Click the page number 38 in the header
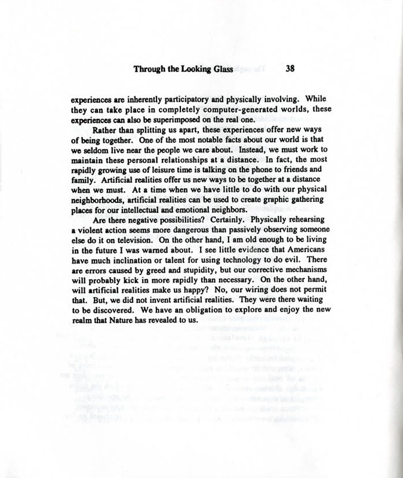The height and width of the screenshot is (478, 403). pyautogui.click(x=291, y=68)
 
